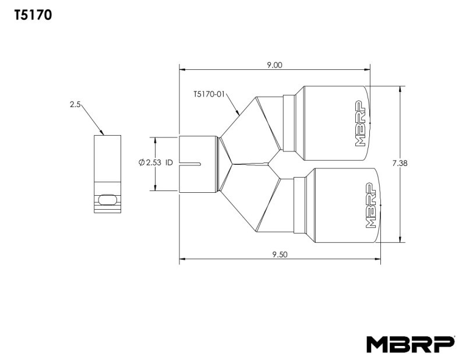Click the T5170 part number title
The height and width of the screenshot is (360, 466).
[x=34, y=16]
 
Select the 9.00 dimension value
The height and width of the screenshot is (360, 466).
[x=274, y=65]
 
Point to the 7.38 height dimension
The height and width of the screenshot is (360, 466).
[x=400, y=164]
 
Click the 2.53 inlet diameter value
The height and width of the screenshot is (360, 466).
[x=154, y=163]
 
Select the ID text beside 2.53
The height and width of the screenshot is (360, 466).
[x=170, y=163]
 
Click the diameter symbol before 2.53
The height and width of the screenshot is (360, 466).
[x=142, y=163]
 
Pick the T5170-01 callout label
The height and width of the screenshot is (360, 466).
[x=209, y=93]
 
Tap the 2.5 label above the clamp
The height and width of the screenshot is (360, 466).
[x=75, y=105]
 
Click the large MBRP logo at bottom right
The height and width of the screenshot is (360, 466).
[x=410, y=344]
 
